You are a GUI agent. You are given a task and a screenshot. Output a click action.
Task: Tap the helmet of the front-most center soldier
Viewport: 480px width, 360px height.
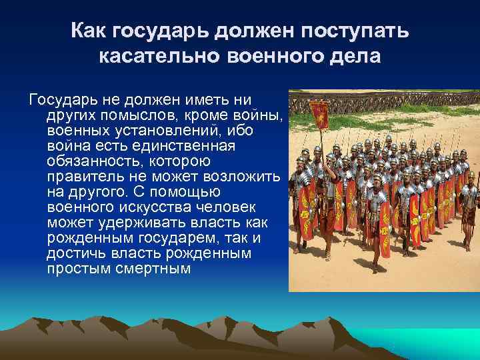coord(377,179)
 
